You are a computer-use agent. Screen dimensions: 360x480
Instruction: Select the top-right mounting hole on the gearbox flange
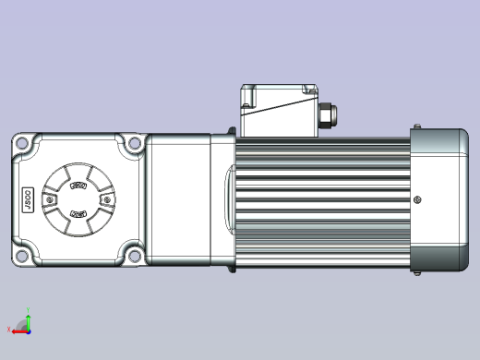(x=136, y=143)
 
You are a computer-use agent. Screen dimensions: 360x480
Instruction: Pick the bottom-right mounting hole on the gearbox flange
(x=136, y=256)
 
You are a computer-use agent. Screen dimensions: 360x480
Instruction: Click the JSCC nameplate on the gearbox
(x=27, y=199)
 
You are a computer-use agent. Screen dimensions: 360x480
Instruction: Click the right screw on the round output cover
(x=109, y=199)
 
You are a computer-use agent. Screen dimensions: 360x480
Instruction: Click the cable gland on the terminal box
(x=326, y=115)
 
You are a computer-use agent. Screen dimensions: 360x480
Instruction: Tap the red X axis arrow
(x=17, y=330)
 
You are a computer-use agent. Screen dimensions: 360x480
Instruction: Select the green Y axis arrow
(x=28, y=320)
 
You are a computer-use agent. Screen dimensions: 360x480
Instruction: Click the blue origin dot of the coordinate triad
(x=28, y=330)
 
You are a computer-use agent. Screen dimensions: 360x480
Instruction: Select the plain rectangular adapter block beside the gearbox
(x=179, y=199)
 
